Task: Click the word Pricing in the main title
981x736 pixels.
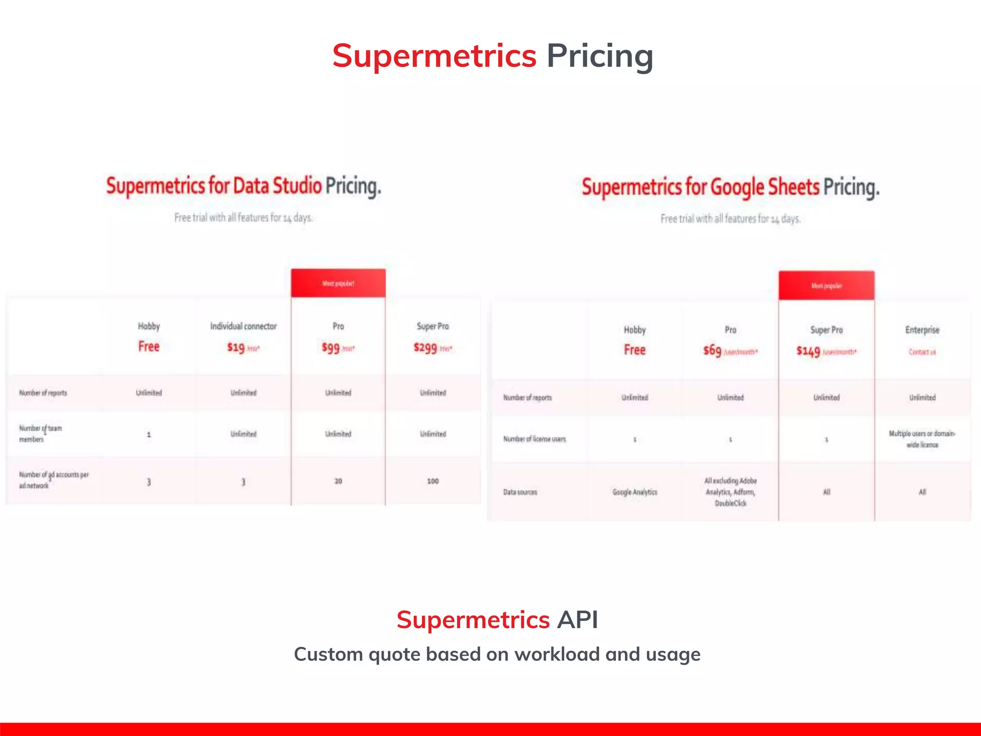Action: (x=600, y=57)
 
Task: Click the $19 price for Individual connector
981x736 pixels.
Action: (x=236, y=347)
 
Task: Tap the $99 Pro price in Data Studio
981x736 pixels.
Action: (x=331, y=347)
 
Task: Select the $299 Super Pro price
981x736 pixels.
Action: (x=425, y=347)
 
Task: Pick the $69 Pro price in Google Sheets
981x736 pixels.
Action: (x=712, y=351)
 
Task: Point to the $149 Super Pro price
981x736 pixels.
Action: (x=809, y=351)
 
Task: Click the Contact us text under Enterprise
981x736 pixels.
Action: (x=922, y=352)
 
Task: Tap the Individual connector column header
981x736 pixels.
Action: (x=243, y=326)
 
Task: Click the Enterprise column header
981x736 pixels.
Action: (x=922, y=330)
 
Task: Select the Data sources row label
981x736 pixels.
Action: (x=520, y=492)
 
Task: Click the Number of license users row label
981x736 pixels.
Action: (x=535, y=439)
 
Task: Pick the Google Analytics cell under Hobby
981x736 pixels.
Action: (x=635, y=492)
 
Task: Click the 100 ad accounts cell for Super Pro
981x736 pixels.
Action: (x=433, y=481)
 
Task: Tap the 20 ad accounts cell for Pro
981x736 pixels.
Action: (x=338, y=481)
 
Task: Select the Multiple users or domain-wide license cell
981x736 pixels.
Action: (x=922, y=439)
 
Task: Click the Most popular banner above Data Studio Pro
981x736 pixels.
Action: (x=338, y=284)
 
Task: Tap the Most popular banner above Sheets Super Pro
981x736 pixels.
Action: (x=826, y=286)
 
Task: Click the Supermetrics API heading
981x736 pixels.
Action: (x=497, y=620)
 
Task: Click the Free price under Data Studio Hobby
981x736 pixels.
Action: (x=149, y=346)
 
